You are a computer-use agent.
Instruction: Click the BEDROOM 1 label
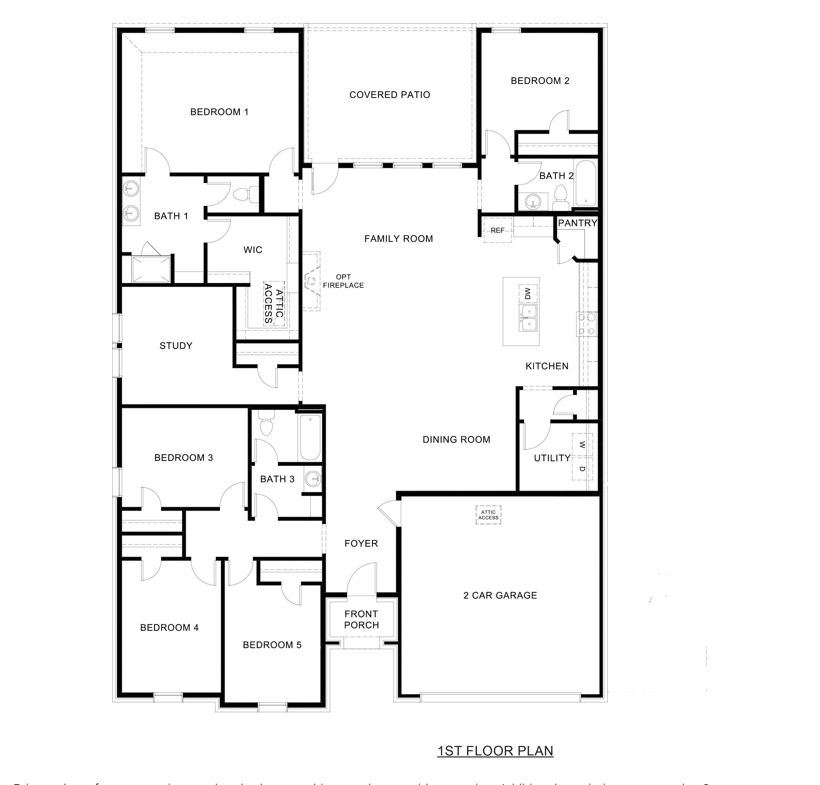219,112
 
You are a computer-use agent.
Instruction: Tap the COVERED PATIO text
389,95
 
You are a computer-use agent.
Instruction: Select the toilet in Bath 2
560,198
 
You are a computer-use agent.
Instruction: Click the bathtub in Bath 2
585,183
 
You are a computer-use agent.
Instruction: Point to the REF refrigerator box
497,230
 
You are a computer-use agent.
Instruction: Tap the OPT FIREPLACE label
343,281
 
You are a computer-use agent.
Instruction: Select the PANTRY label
577,223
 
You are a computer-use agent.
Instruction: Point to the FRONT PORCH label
361,620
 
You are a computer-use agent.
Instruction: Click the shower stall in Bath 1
151,269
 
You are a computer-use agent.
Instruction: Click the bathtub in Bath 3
310,437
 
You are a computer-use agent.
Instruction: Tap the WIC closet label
253,250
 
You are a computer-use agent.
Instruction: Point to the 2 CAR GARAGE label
500,595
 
